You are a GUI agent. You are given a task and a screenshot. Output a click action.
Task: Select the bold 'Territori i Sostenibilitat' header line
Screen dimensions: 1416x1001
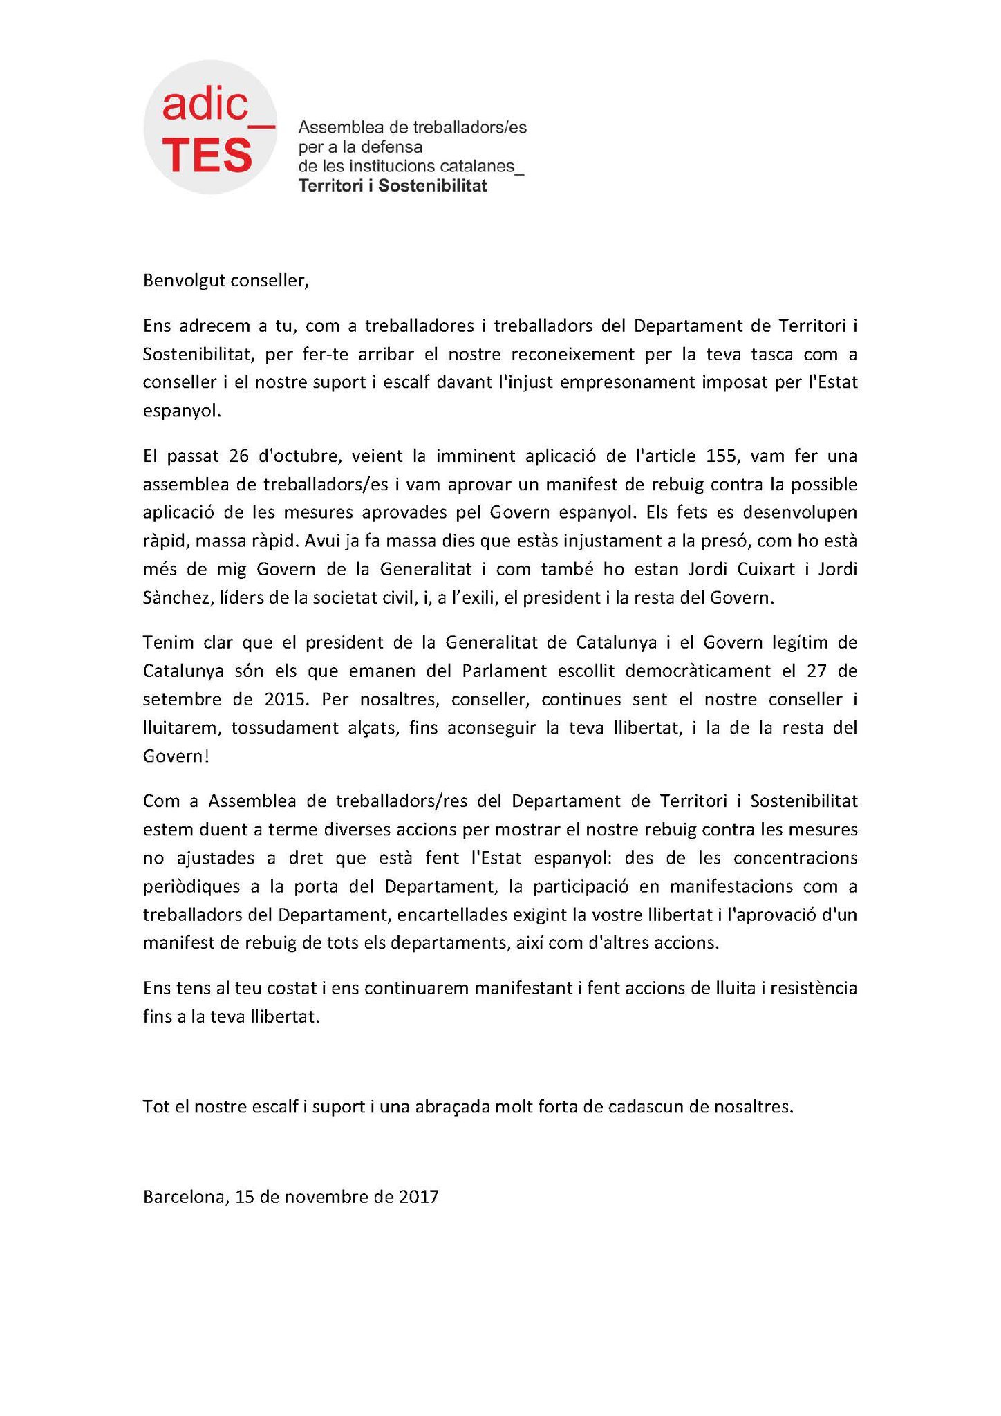tap(392, 185)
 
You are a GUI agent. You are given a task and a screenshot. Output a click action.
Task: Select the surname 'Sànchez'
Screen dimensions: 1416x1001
tap(174, 597)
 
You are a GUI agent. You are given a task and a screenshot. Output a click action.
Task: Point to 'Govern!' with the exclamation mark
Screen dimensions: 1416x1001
tap(176, 756)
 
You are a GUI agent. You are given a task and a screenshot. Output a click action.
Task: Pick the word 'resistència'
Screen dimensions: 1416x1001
tap(817, 988)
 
